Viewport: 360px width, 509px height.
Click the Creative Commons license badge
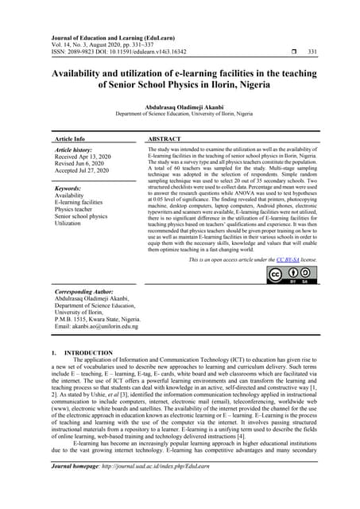(x=292, y=275)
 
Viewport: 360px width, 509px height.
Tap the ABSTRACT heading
(x=165, y=138)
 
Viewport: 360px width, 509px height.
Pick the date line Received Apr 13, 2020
(x=83, y=157)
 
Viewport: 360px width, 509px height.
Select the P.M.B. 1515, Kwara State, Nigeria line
(x=96, y=317)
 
